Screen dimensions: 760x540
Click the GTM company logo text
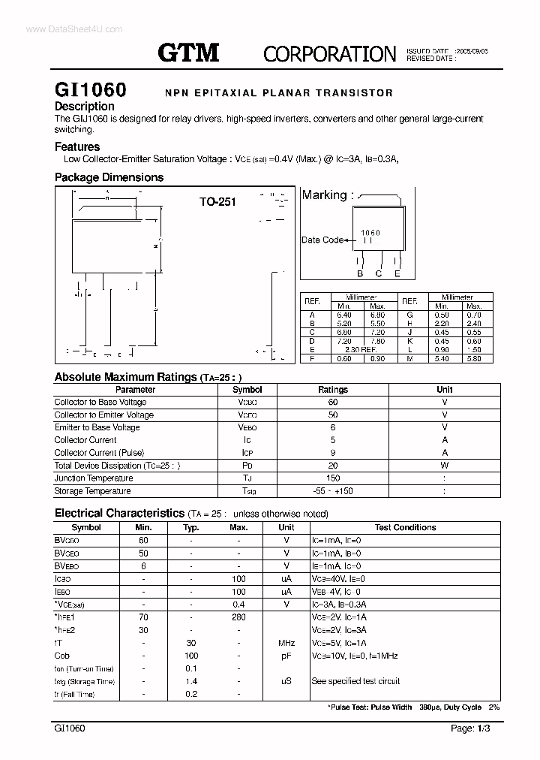click(188, 52)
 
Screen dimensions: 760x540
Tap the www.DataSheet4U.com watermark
click(63, 29)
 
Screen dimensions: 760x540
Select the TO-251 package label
click(217, 202)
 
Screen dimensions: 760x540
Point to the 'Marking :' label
click(326, 195)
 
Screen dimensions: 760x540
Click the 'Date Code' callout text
click(322, 240)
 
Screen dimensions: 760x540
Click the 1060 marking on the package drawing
click(370, 234)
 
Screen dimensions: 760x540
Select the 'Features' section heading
click(77, 147)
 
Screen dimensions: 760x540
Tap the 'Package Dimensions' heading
click(109, 178)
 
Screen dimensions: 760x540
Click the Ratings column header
click(333, 390)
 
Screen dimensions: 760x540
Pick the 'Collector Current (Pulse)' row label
click(96, 453)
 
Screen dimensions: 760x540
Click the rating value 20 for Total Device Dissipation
click(333, 466)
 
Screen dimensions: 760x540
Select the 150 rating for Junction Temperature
click(333, 478)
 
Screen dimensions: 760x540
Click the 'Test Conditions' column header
click(405, 528)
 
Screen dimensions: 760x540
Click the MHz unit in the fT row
click(286, 643)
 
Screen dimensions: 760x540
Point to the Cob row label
click(61, 656)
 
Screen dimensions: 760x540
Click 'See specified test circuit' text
click(355, 681)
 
